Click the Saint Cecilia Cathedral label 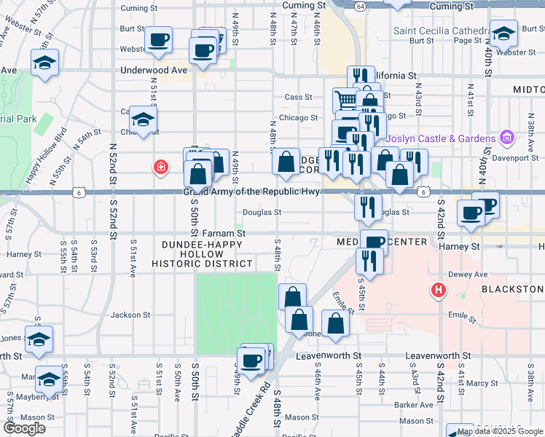441,31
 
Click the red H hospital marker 438,290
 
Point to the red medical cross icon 160,168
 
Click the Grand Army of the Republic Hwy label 251,192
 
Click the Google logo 23,428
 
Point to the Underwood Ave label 154,71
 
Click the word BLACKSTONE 512,289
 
